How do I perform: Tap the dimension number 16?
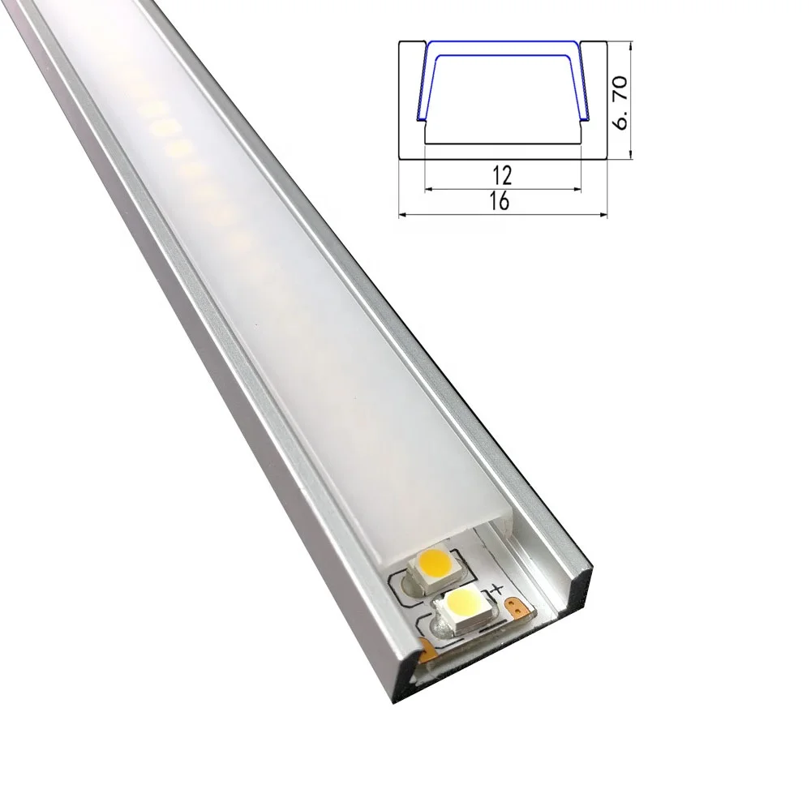point(500,202)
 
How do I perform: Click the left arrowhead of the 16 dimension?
point(402,214)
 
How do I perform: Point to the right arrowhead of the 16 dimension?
point(602,214)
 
